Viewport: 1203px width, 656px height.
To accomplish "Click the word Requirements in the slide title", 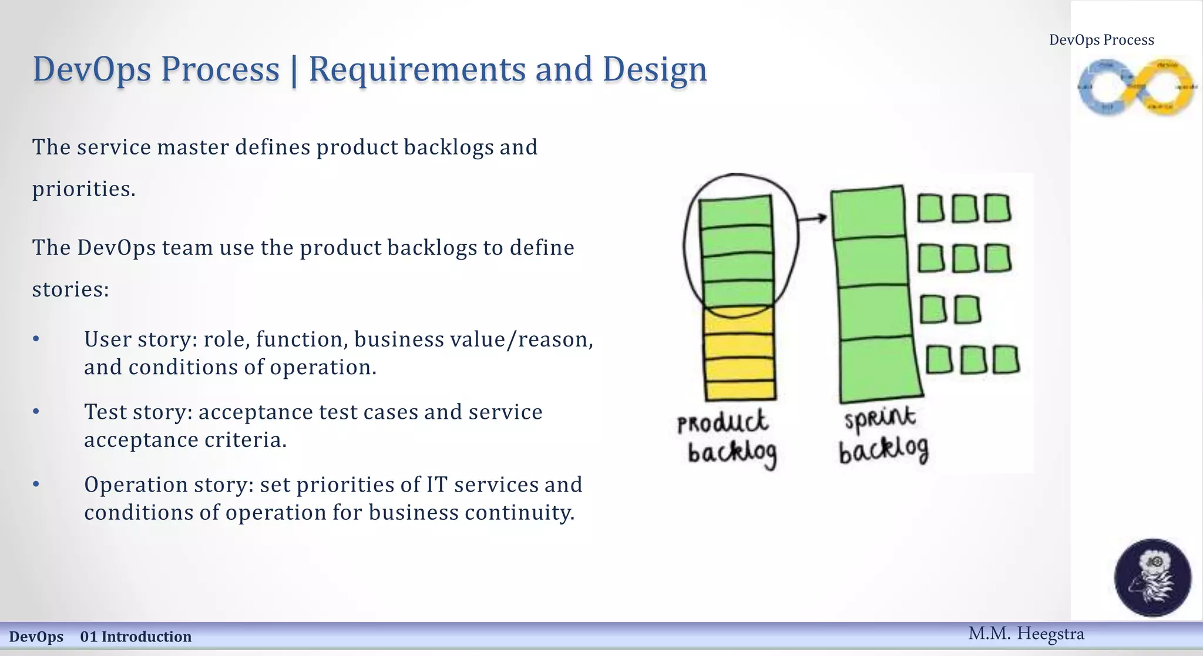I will pyautogui.click(x=417, y=69).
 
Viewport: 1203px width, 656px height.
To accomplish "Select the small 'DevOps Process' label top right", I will pyautogui.click(x=1101, y=40).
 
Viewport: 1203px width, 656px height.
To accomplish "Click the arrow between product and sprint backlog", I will pyautogui.click(x=814, y=219).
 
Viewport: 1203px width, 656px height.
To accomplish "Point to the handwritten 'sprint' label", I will pyautogui.click(x=879, y=418).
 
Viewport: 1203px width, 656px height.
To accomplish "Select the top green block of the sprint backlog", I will pyautogui.click(x=868, y=213).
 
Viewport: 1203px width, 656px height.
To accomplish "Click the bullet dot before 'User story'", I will pyautogui.click(x=36, y=339).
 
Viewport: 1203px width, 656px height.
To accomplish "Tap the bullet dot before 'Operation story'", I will pyautogui.click(x=36, y=484).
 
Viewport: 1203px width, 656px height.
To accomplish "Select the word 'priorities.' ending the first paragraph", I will pyautogui.click(x=83, y=189).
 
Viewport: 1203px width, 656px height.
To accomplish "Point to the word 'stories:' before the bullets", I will pyautogui.click(x=70, y=290).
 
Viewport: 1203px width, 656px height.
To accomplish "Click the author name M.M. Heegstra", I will pyautogui.click(x=1026, y=634).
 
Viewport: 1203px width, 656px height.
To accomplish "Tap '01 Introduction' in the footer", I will pyautogui.click(x=136, y=637).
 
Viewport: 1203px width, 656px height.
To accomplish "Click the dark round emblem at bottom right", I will pyautogui.click(x=1152, y=577).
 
